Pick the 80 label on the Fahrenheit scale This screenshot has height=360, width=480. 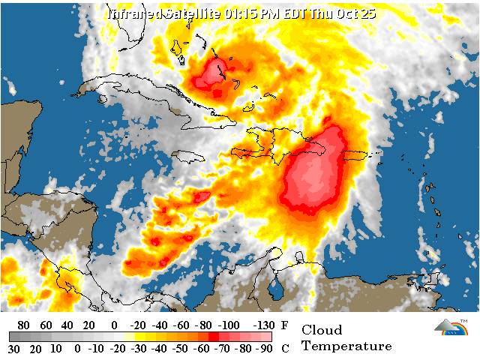23,325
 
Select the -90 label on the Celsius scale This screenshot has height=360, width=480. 263,348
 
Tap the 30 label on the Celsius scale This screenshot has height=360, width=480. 13,348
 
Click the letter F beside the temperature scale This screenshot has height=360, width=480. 283,325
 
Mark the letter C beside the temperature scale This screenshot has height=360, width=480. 283,348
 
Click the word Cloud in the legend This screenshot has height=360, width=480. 322,330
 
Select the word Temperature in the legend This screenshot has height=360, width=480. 346,346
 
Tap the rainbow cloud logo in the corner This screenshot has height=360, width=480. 450,327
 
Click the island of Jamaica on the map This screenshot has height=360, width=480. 189,155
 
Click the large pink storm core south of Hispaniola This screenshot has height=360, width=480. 315,176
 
